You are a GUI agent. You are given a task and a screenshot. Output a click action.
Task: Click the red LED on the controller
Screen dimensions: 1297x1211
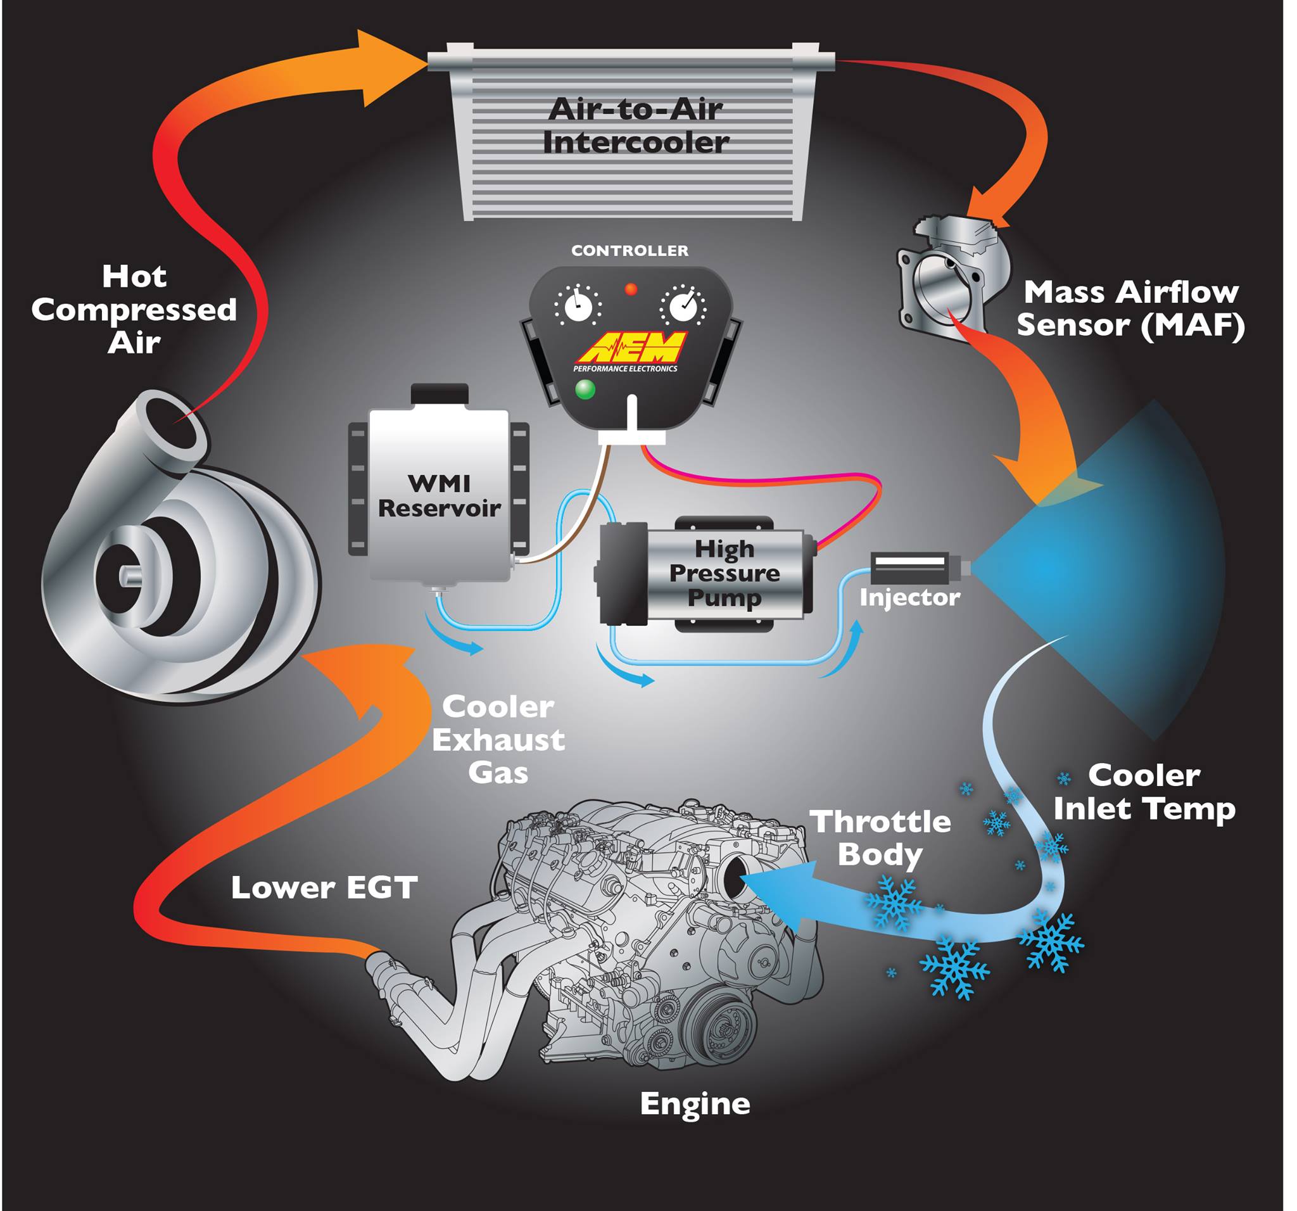coord(631,289)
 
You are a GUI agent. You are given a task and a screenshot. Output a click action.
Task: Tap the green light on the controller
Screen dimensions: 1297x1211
coord(585,389)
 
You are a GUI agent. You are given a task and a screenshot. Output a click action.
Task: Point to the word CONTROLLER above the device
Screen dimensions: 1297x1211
coord(630,251)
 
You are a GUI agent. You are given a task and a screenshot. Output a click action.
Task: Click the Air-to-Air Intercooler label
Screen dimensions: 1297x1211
coord(635,126)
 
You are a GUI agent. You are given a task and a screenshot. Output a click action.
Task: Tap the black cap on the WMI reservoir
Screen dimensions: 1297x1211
coord(440,395)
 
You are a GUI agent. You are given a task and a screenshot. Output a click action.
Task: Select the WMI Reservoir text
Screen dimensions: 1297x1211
coord(439,496)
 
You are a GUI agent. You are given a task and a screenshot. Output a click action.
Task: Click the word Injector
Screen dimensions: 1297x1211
coord(909,598)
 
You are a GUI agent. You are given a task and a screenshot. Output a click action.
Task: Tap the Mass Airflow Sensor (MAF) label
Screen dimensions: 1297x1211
coord(1130,308)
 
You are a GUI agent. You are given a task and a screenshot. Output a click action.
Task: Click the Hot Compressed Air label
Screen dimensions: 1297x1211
coord(134,309)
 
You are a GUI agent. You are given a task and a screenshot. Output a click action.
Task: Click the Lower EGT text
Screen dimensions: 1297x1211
coord(324,888)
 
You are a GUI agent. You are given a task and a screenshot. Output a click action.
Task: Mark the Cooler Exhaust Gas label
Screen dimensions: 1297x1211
coord(498,740)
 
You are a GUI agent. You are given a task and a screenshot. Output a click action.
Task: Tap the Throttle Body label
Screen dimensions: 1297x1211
coord(880,839)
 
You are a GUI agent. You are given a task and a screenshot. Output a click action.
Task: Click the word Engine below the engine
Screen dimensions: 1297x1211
coord(695,1105)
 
